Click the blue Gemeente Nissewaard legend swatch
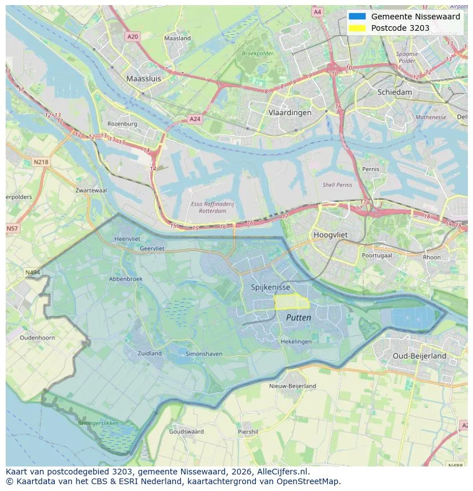point(357,17)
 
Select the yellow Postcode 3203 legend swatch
point(357,28)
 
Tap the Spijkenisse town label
point(270,287)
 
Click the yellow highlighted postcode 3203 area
point(291,302)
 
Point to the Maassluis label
point(143,79)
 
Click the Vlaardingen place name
point(290,112)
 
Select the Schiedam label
point(394,92)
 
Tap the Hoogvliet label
point(331,234)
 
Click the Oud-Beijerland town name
point(419,356)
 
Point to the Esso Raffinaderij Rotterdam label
point(213,207)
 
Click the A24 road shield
point(195,119)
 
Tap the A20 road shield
point(133,36)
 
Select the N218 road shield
point(41,162)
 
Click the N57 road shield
point(12,229)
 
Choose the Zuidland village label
point(150,353)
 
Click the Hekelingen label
point(296,341)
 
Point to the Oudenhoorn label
point(37,338)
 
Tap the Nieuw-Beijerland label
point(292,386)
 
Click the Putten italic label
point(298,318)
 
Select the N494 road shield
point(33,273)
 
